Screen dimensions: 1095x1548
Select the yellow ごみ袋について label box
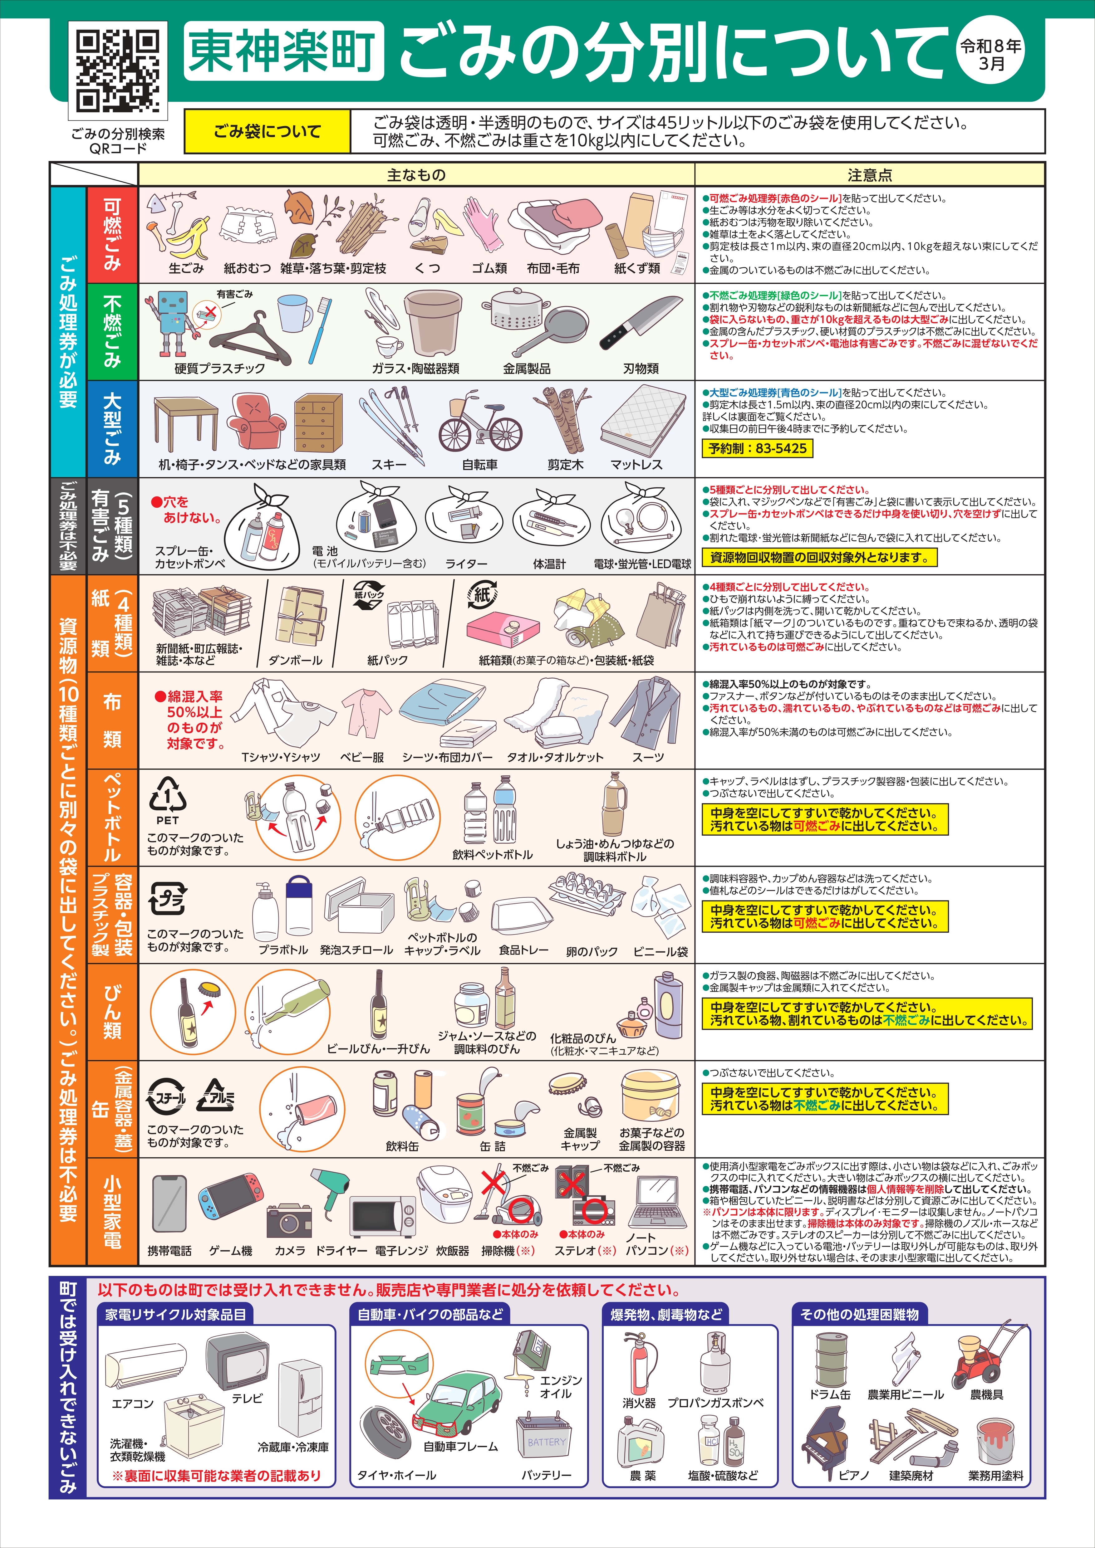[x=267, y=131]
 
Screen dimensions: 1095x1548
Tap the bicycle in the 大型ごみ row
[x=480, y=422]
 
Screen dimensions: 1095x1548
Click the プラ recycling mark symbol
[x=167, y=899]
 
